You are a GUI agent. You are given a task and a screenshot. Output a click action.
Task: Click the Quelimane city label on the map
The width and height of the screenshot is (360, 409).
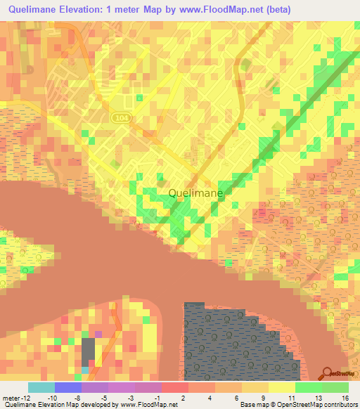point(196,193)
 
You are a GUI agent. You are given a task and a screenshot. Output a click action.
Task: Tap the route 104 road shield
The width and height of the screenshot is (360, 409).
point(119,119)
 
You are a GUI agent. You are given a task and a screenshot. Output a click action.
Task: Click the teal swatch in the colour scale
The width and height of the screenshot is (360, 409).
point(41,387)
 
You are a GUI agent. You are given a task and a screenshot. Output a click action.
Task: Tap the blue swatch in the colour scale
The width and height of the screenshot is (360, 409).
point(67,387)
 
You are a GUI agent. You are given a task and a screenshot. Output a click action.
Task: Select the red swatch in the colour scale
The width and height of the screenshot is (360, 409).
point(174,387)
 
